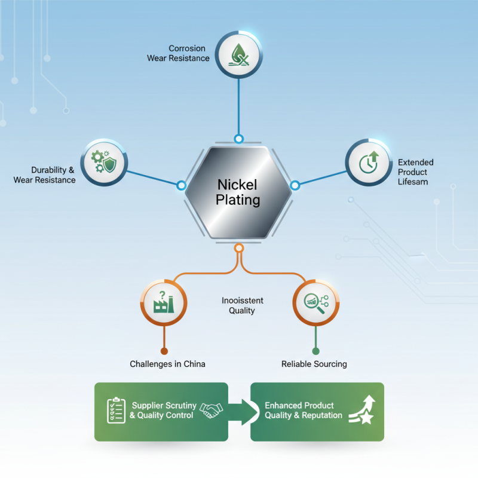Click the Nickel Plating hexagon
238,192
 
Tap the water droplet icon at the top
238,54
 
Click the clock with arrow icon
369,161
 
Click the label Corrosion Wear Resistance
178,53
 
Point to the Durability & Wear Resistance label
45,175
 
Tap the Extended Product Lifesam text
416,172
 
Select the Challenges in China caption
167,364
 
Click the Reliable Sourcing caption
314,364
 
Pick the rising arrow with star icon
361,410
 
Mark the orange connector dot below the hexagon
238,248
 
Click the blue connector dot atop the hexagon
238,139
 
